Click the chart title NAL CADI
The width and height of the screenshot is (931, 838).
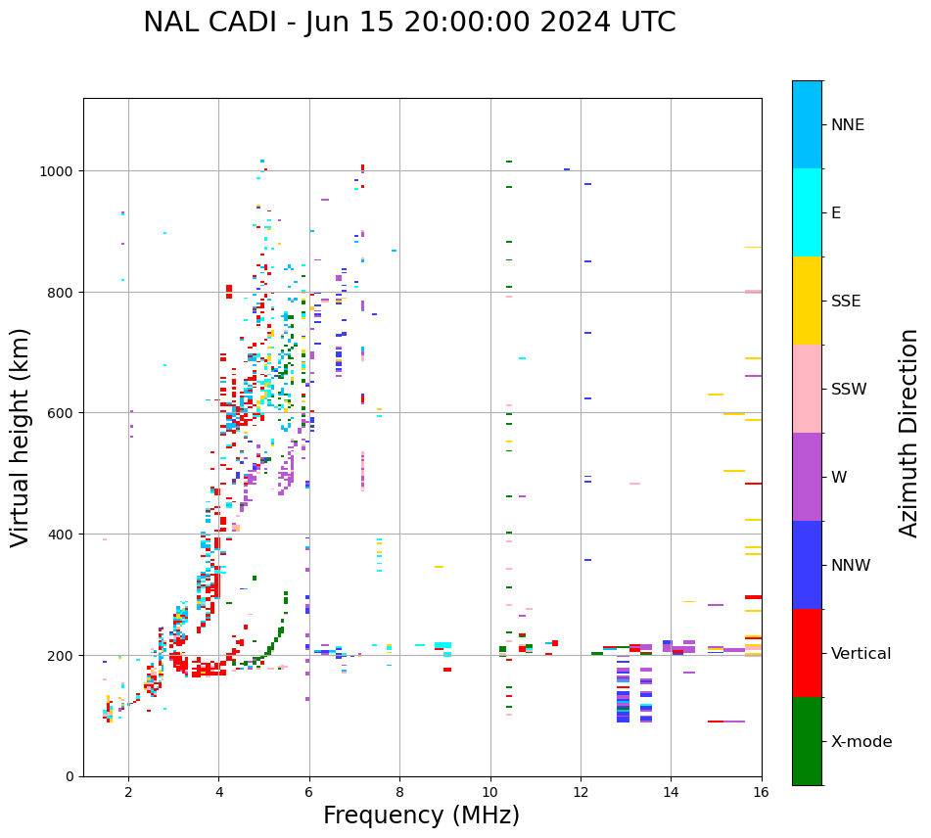[x=409, y=23]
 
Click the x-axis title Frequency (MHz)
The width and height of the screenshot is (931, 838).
[x=421, y=815]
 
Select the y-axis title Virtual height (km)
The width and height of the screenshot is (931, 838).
[x=21, y=437]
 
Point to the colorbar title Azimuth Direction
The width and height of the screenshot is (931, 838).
[x=909, y=433]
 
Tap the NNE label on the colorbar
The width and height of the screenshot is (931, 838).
[x=848, y=125]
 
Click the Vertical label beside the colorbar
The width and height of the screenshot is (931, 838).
[x=861, y=654]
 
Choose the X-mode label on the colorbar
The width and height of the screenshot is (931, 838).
[x=861, y=742]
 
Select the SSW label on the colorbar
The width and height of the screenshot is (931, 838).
[x=849, y=390]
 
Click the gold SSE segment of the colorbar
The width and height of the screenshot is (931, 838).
[x=807, y=301]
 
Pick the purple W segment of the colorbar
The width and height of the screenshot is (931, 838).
[x=807, y=477]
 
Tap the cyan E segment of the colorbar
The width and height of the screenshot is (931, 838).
[x=807, y=212]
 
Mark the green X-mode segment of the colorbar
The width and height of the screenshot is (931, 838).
[x=807, y=741]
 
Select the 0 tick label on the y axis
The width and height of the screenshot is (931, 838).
[x=70, y=776]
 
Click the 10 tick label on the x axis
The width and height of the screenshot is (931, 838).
[x=490, y=793]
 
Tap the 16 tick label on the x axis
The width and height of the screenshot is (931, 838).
[x=762, y=793]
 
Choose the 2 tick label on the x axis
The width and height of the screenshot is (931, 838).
[x=128, y=793]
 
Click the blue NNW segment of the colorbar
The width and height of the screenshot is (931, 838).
[x=807, y=565]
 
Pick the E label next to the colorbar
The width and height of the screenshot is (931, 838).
[x=836, y=213]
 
